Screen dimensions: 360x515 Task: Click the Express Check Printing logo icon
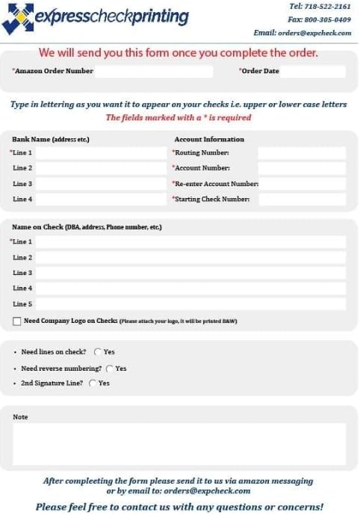coord(17,18)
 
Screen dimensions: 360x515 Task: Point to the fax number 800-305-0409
coord(329,19)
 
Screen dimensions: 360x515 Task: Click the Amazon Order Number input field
coord(154,72)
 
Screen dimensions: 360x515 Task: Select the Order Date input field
coord(313,72)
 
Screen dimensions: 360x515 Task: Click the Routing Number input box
coord(302,153)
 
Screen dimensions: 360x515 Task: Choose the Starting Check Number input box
coord(302,200)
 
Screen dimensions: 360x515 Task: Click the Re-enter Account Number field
coord(302,184)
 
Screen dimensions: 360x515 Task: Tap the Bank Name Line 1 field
coord(100,153)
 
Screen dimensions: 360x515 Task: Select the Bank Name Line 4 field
coord(100,200)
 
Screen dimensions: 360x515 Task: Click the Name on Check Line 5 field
coord(190,304)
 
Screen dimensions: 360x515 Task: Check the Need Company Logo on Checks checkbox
coord(17,321)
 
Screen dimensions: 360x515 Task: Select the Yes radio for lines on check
coord(98,352)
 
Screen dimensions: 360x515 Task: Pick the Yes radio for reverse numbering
coord(110,368)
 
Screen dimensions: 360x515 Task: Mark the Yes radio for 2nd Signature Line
coord(93,383)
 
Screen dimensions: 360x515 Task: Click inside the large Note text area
coord(179,444)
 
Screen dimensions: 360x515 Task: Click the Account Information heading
coord(209,139)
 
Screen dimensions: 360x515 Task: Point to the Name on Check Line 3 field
coord(190,273)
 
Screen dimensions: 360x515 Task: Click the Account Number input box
coord(302,168)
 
